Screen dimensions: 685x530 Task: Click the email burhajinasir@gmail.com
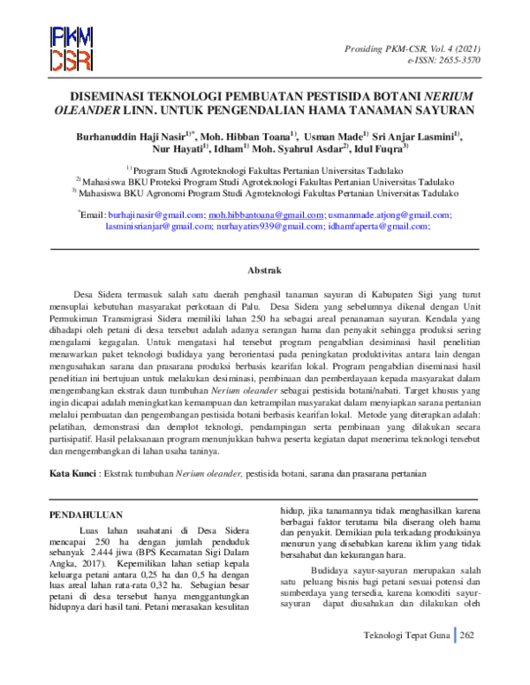(155, 215)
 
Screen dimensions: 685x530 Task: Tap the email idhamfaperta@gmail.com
(380, 228)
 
